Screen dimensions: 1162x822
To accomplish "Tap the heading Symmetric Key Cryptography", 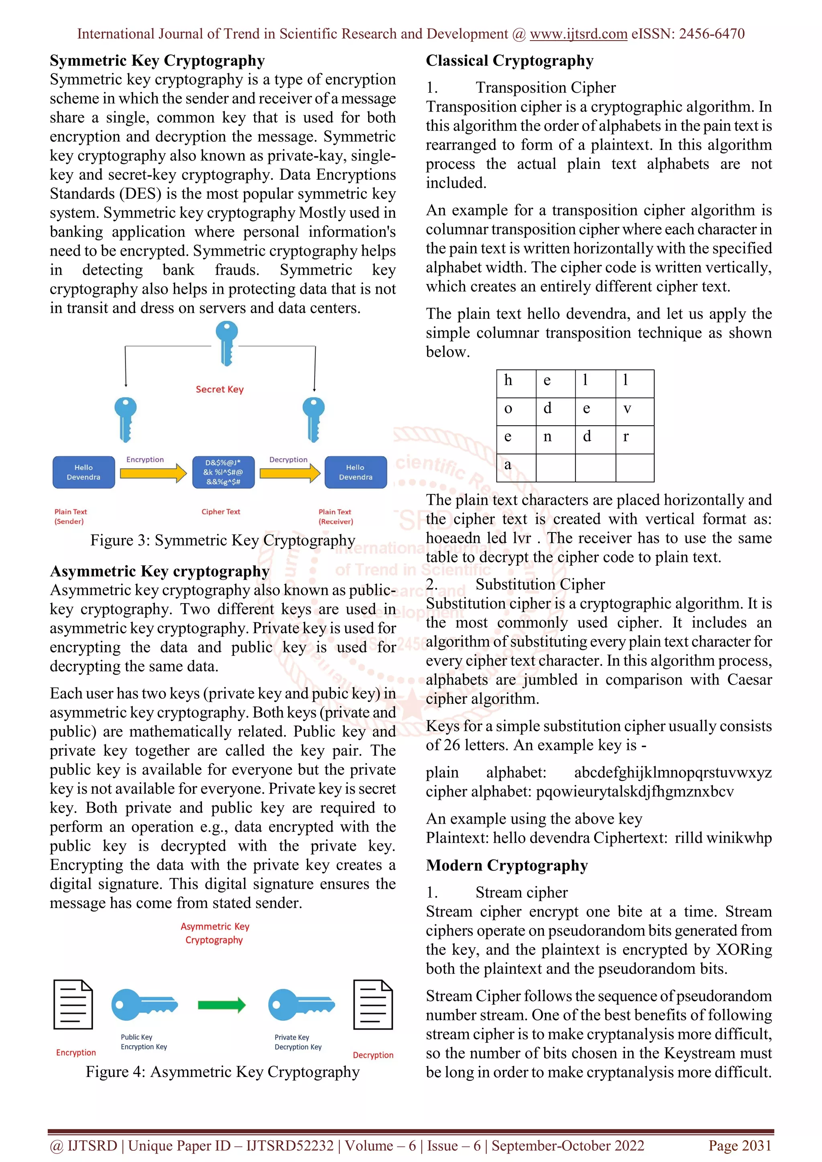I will [x=157, y=61].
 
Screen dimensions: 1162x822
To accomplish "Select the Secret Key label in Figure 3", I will [x=220, y=389].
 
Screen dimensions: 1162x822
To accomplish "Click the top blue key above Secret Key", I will [x=226, y=343].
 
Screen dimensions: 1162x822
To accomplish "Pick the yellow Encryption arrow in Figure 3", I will [x=153, y=473].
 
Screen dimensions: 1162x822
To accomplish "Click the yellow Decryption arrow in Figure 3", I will [x=289, y=473].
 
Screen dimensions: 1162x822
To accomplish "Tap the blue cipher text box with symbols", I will [x=223, y=472].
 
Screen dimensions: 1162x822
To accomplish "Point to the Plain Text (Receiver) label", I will [x=336, y=516].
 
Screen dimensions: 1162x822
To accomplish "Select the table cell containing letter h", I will [x=516, y=383].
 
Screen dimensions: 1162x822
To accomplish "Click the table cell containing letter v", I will [x=635, y=411].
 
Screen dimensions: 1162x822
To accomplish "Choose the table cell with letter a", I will [x=516, y=467].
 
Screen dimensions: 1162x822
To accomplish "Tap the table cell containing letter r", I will [x=635, y=439].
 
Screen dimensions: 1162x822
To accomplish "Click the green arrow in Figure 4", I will [x=221, y=1005].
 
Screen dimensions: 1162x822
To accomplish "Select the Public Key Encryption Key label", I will [x=144, y=1042].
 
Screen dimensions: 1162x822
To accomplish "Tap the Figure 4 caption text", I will [x=222, y=1072].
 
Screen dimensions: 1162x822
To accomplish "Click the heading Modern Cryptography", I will [x=507, y=865].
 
